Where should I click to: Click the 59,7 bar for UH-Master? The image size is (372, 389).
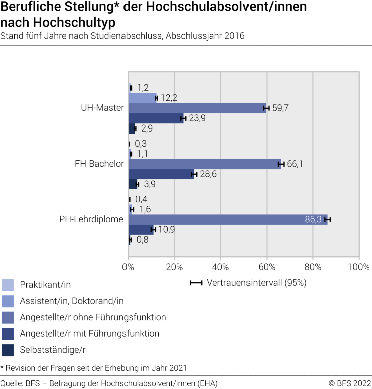point(197,108)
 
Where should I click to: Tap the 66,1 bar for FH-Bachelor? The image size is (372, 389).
point(204,164)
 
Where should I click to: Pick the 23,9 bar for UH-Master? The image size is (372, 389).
point(156,118)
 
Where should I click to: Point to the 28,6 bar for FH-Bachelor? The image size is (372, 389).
point(161,174)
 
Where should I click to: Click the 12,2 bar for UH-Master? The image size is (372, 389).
point(142,98)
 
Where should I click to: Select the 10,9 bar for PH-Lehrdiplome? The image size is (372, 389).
point(141,230)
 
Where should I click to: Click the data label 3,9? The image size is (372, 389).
point(149,184)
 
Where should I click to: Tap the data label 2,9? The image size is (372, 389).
point(146,128)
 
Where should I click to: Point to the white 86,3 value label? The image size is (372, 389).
point(314,219)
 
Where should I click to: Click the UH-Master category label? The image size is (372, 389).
point(102,108)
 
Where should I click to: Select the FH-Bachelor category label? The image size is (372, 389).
point(99,164)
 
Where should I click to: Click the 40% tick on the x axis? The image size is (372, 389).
point(220,266)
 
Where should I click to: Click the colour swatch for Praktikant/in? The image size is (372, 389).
point(8,285)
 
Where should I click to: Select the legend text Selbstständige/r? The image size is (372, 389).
point(49,349)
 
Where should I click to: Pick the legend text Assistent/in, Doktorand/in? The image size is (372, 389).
point(71,301)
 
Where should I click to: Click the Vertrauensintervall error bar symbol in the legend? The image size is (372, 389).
point(196,283)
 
